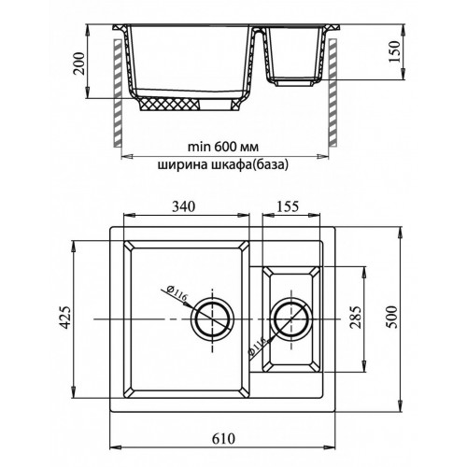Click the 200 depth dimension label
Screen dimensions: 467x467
(x=79, y=64)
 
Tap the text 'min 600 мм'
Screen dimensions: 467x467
(x=223, y=147)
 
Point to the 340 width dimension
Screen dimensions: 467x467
(x=184, y=206)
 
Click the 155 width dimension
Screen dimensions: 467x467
(x=288, y=206)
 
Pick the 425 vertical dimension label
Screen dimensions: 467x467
(x=65, y=318)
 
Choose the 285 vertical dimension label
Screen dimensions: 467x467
(x=356, y=318)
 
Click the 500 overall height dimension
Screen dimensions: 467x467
(x=391, y=318)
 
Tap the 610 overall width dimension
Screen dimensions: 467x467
(x=223, y=439)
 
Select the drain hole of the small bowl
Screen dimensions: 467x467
(x=291, y=319)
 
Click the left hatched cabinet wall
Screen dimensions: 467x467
(x=118, y=92)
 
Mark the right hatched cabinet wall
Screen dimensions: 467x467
(x=333, y=92)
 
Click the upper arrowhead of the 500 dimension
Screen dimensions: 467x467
(x=400, y=233)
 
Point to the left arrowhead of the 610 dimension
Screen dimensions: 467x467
(x=116, y=448)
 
